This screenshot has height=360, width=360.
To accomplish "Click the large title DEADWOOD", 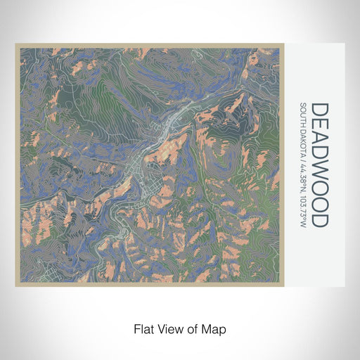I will [x=319, y=165].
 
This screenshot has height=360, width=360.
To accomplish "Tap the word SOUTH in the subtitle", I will [x=303, y=115].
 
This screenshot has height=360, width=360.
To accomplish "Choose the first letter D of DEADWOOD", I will [x=319, y=110].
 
